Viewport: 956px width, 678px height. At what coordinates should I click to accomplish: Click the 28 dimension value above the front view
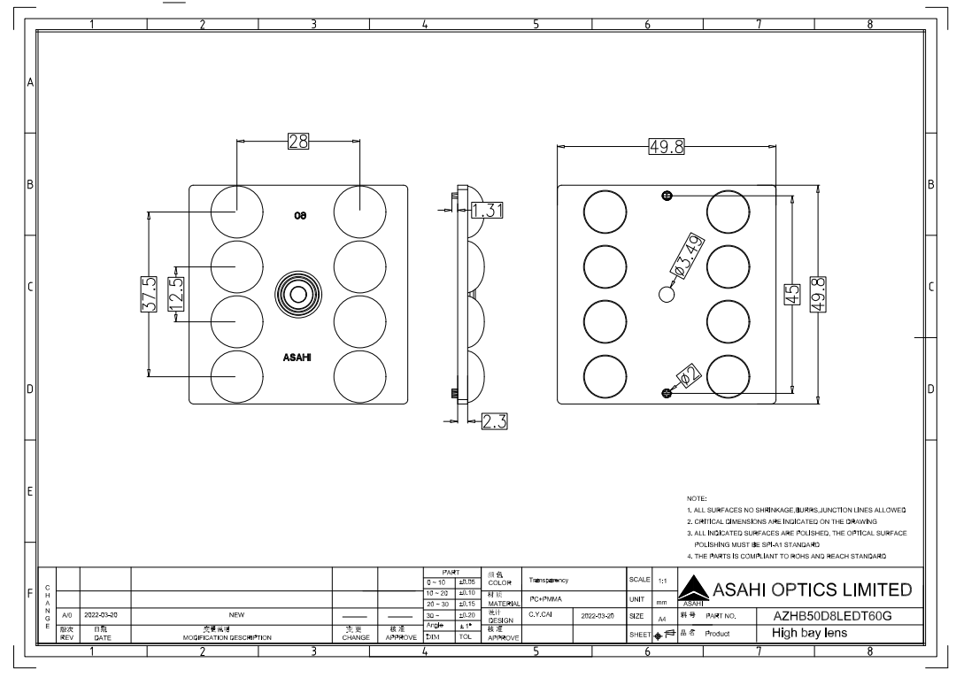tap(297, 141)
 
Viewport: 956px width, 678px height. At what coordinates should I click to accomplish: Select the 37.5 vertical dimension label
tap(149, 294)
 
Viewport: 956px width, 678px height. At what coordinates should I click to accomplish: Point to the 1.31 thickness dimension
tap(487, 210)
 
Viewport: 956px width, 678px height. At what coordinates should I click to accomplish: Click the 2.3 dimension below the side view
tap(495, 422)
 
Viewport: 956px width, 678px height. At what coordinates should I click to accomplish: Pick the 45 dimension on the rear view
tap(793, 294)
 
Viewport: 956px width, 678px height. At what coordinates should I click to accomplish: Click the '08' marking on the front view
tap(301, 215)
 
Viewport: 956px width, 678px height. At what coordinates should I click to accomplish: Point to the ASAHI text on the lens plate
tap(297, 358)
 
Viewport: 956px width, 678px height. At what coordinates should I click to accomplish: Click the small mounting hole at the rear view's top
tap(667, 196)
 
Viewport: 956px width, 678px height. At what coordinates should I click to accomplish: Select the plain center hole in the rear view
tap(667, 294)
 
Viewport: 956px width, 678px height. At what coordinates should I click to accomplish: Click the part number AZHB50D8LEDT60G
tap(831, 615)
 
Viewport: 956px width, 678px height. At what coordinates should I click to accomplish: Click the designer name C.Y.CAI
tap(541, 613)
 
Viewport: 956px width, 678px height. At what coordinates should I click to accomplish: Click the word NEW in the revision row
tap(235, 613)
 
